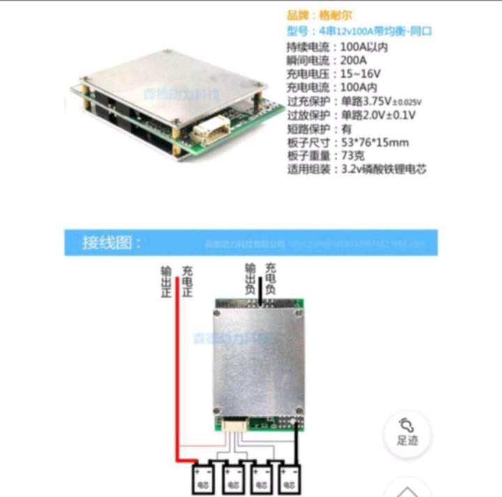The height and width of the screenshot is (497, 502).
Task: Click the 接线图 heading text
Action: point(112,243)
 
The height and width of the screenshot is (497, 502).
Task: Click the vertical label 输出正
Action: point(165,280)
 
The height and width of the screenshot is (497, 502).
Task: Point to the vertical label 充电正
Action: point(187,280)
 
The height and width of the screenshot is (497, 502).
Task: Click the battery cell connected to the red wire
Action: point(204,477)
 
